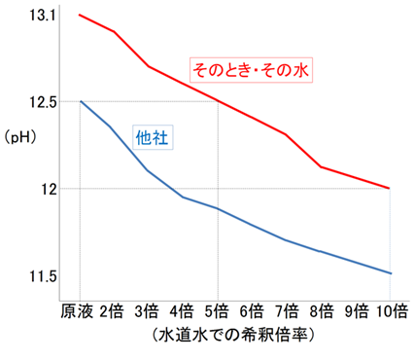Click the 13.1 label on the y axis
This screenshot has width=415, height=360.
pyautogui.click(x=43, y=17)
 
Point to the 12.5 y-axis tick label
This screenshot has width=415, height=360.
pyautogui.click(x=43, y=101)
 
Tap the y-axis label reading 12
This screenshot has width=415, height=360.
pyautogui.click(x=50, y=188)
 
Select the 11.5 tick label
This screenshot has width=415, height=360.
pyautogui.click(x=43, y=277)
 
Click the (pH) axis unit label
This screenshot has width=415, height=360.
pyautogui.click(x=22, y=136)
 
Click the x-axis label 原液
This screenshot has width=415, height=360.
pyautogui.click(x=77, y=311)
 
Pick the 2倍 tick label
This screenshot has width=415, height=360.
pyautogui.click(x=113, y=311)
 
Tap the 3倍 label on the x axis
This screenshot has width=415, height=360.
pyautogui.click(x=148, y=311)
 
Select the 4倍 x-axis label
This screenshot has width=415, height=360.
pyautogui.click(x=182, y=311)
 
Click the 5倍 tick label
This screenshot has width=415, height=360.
pyautogui.click(x=217, y=311)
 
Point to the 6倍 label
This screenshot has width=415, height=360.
pyautogui.click(x=252, y=311)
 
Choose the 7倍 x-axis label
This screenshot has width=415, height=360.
pyautogui.click(x=287, y=311)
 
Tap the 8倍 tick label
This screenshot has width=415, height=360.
pyautogui.click(x=322, y=311)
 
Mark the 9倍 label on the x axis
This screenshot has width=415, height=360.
pyautogui.click(x=357, y=311)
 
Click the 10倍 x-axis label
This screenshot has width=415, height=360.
pyautogui.click(x=391, y=311)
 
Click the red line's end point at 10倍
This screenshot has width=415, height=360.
pyautogui.click(x=391, y=188)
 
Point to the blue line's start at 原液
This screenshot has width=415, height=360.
pyautogui.click(x=80, y=101)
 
